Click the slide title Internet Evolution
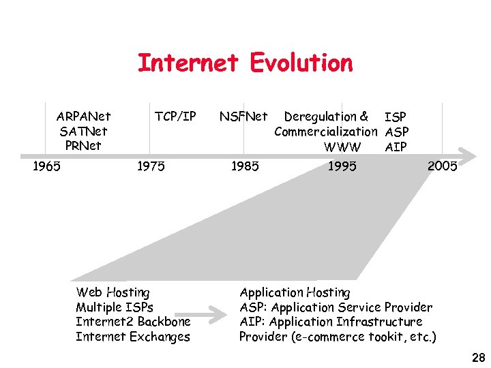245,63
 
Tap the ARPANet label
83,117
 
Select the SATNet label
83,131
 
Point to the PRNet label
83,146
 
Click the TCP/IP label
175,117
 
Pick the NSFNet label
243,117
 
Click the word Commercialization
325,132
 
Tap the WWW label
342,147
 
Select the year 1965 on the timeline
46,166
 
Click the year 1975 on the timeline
151,166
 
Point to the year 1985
245,166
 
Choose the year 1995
342,166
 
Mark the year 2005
442,166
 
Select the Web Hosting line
113,292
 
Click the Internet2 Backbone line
133,322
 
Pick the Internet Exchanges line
133,337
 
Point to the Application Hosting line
295,292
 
